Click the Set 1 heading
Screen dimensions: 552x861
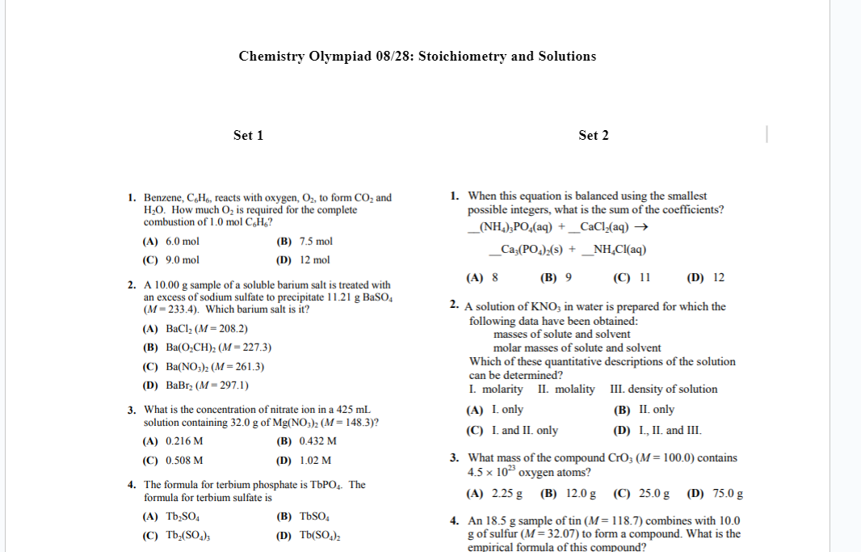click(248, 135)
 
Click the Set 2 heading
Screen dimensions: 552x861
click(594, 135)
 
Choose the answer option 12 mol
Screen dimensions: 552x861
click(303, 260)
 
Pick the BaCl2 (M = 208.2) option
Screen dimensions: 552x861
click(195, 329)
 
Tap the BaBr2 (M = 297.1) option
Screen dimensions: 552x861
click(195, 386)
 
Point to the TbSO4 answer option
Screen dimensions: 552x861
click(300, 516)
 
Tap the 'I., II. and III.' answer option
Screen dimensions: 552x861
click(657, 430)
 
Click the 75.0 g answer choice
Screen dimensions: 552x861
click(715, 493)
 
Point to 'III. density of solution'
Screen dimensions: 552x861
click(664, 389)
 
